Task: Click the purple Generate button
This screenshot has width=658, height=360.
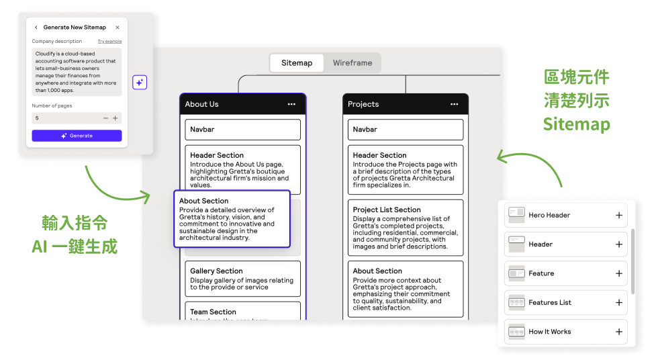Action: tap(77, 136)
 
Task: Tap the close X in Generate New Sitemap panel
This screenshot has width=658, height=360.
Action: tap(117, 28)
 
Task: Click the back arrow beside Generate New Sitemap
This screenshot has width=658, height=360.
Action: tap(36, 28)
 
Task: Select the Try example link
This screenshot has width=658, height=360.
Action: tap(109, 42)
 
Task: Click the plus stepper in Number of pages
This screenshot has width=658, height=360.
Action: tap(115, 118)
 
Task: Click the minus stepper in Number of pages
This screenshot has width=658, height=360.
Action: tap(105, 118)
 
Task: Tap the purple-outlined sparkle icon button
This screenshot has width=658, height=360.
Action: tap(140, 82)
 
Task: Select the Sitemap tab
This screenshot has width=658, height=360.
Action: tap(297, 63)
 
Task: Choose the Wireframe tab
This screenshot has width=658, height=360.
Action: tap(352, 63)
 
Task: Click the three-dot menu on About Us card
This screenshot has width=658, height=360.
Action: tap(291, 104)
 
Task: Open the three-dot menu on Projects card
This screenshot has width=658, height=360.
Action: tap(455, 104)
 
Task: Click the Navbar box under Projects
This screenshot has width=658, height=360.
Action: tap(406, 130)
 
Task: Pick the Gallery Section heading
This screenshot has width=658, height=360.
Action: tap(216, 271)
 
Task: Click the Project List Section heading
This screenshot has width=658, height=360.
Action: tap(387, 210)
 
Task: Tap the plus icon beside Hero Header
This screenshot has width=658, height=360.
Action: tap(619, 216)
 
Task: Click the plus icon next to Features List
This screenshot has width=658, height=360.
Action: tap(619, 303)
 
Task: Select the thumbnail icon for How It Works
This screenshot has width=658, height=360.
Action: tap(516, 332)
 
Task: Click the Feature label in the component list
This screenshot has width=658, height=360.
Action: tap(541, 273)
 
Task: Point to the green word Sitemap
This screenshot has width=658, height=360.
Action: tap(576, 125)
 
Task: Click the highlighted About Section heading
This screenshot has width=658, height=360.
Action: tap(204, 201)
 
